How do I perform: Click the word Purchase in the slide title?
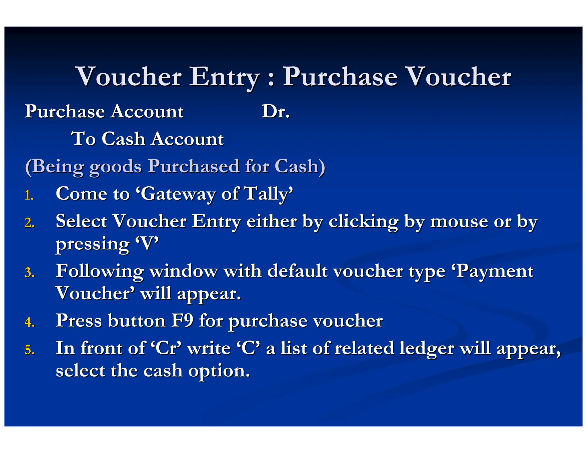[x=340, y=77]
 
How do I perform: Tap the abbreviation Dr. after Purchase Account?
[x=275, y=111]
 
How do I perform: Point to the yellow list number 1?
[x=29, y=196]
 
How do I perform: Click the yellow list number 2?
[x=30, y=223]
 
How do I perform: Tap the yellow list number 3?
[x=30, y=273]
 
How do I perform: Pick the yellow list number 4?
[x=30, y=322]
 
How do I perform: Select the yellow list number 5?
[x=30, y=350]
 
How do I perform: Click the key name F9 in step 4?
[x=182, y=320]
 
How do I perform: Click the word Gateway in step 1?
[x=178, y=194]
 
